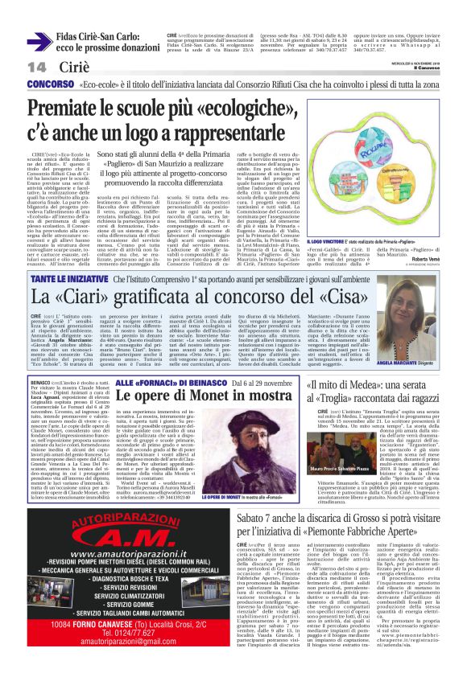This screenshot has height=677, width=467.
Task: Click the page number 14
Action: click(14, 66)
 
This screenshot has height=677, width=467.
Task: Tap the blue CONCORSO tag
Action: click(50, 84)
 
